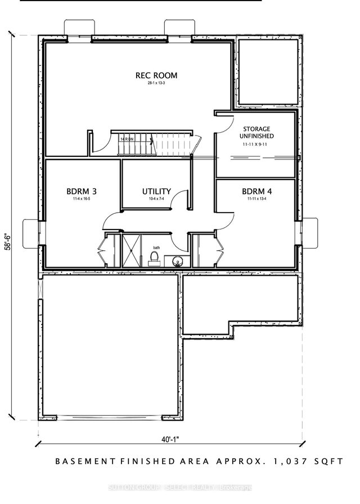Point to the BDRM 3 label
(x=78, y=191)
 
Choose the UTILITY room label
(x=156, y=191)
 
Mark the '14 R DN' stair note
(x=127, y=138)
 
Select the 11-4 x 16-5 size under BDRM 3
(x=78, y=199)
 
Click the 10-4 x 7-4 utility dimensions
(x=156, y=199)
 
